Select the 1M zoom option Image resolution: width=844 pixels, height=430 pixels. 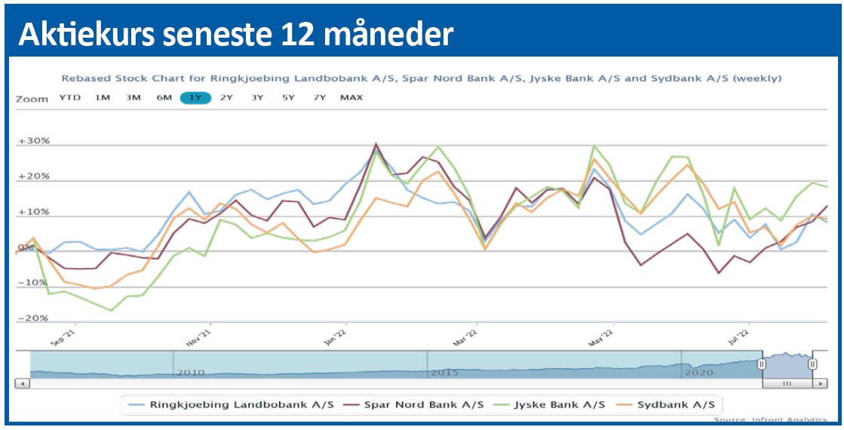(103, 97)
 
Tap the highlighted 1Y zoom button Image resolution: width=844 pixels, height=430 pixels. (195, 97)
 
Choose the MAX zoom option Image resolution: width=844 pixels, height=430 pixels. (351, 97)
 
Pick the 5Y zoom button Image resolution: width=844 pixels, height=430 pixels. (288, 97)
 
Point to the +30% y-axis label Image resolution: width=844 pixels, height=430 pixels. (33, 142)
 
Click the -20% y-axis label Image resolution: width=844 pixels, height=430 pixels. (33, 318)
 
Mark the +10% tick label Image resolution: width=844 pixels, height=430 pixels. (33, 212)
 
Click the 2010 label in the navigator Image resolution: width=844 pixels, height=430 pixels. (190, 373)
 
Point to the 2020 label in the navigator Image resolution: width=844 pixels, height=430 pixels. (698, 373)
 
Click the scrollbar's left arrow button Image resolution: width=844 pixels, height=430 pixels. (23, 384)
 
